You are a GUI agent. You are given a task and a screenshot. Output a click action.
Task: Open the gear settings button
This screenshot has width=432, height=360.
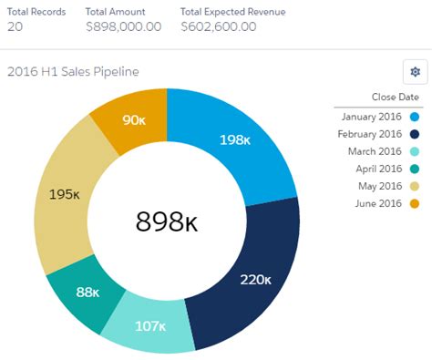[x=415, y=72]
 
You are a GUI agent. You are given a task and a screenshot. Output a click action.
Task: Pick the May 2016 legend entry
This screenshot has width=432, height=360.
[x=375, y=186]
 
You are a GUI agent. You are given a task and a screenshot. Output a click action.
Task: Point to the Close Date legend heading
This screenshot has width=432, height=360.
[x=395, y=97]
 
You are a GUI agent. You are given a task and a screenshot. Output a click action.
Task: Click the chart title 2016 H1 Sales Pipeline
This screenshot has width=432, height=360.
[x=73, y=71]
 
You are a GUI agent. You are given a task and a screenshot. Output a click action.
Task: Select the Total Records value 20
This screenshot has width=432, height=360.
[x=15, y=26]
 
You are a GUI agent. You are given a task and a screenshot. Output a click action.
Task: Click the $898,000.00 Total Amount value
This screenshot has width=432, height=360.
[x=123, y=26]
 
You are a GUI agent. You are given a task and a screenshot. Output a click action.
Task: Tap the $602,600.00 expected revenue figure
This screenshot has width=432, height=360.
[x=218, y=26]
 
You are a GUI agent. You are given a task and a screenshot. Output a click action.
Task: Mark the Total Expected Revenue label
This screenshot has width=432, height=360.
[x=232, y=11]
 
